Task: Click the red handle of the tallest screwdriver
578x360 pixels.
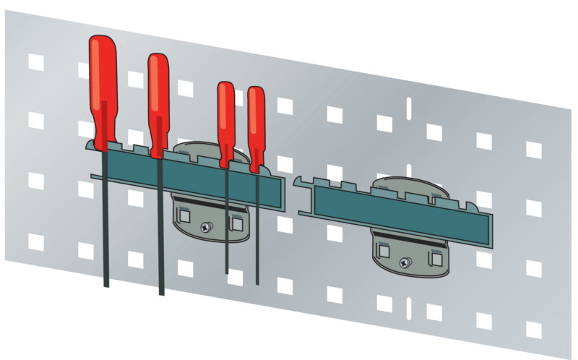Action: point(103,87)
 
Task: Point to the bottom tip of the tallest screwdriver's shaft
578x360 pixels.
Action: point(105,285)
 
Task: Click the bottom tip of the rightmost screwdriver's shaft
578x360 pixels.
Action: point(257,282)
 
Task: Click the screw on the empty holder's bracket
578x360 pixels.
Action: point(407,262)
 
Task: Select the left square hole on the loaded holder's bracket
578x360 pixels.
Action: point(185,215)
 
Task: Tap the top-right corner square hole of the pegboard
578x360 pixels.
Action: point(533,149)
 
